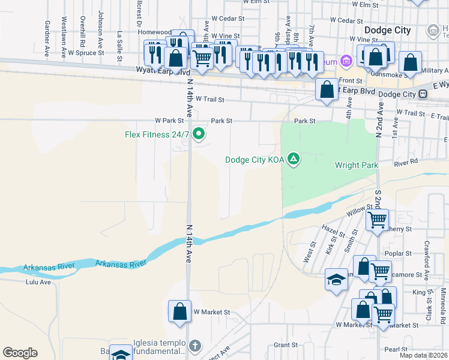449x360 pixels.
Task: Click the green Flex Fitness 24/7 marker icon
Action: tap(199, 134)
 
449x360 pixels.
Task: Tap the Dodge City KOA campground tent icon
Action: tap(294, 159)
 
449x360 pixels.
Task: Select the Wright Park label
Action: tap(355, 165)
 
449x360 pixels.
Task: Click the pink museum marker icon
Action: tap(345, 61)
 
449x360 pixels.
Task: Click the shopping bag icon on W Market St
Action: tap(179, 311)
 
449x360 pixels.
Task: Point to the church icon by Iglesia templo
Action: tap(194, 346)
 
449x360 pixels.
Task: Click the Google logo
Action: tap(20, 353)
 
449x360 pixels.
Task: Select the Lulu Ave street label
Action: tap(38, 281)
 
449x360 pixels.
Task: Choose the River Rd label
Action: tap(406, 163)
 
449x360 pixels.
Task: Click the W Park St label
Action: tap(167, 121)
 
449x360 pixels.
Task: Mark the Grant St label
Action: tap(286, 345)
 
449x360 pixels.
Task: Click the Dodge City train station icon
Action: tap(423, 94)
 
